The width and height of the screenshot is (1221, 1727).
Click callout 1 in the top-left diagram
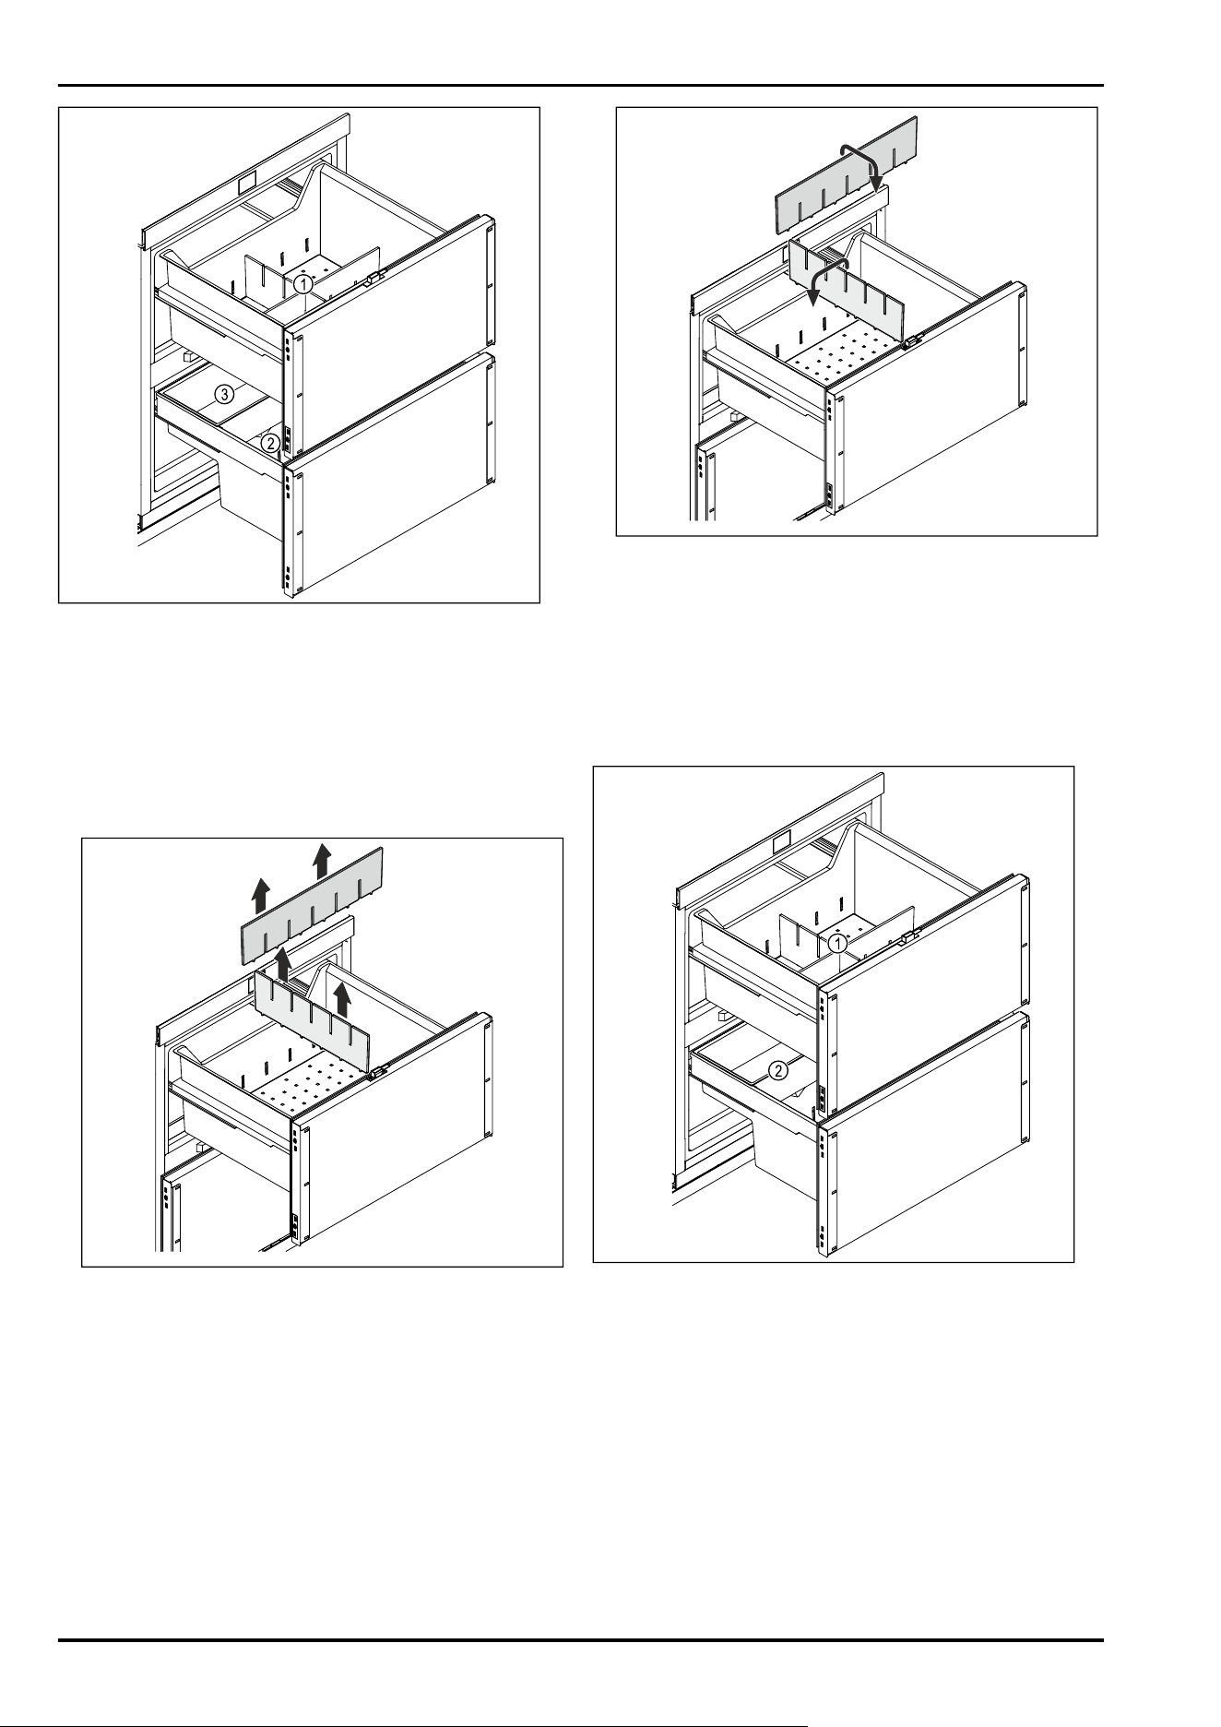click(302, 286)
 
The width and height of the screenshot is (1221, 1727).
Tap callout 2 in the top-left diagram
click(269, 443)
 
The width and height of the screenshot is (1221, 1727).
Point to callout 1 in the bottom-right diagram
click(836, 944)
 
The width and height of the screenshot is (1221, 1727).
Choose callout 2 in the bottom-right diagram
click(779, 1071)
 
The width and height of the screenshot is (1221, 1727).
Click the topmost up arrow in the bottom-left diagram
click(321, 860)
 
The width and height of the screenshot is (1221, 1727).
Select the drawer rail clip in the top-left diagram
click(373, 278)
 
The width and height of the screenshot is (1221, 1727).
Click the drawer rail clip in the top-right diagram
click(912, 340)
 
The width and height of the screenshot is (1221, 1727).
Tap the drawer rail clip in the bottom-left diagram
click(378, 1073)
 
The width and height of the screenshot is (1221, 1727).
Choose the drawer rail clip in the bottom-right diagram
click(907, 936)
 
